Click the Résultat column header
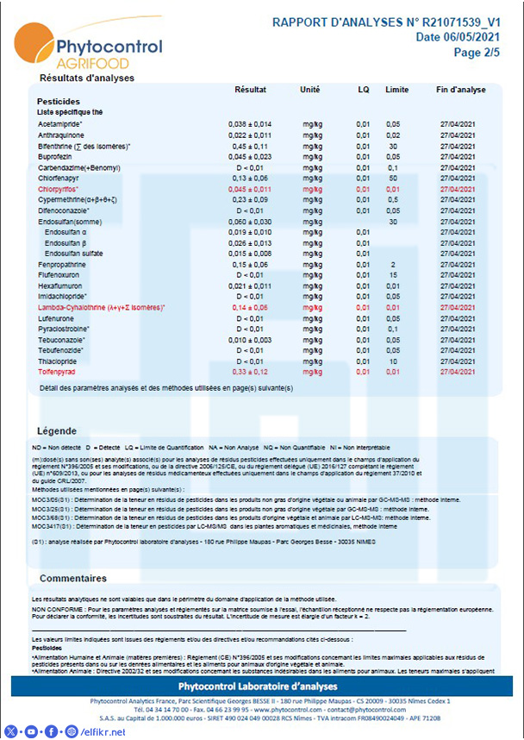point(250,90)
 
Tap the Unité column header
point(309,90)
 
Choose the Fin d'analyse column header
point(461,90)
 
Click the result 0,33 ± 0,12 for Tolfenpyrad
point(250,372)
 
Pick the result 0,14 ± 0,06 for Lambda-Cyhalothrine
point(250,307)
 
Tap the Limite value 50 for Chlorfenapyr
point(393,178)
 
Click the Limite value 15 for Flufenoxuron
point(393,275)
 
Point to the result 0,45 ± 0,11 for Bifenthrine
point(250,146)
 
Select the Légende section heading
point(58,430)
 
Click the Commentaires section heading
point(73,578)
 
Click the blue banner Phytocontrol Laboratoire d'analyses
point(262,686)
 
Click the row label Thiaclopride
point(59,361)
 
